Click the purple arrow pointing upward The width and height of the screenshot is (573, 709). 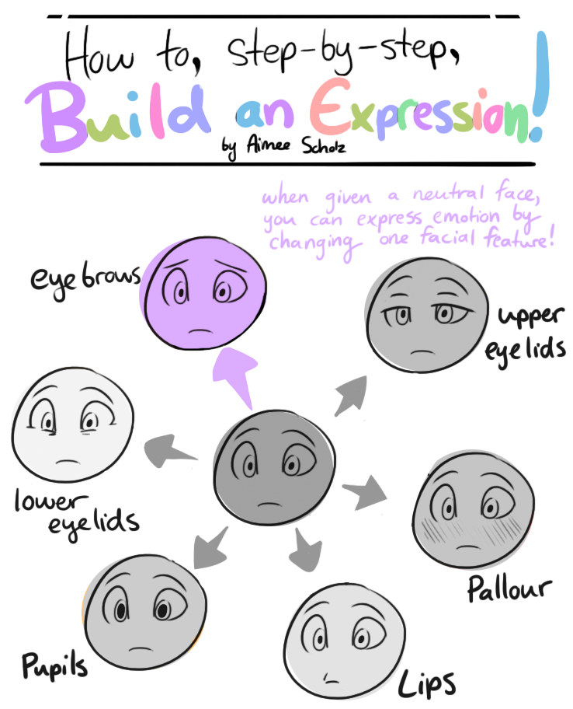coord(238,375)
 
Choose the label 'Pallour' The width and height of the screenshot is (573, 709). coord(509,589)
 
